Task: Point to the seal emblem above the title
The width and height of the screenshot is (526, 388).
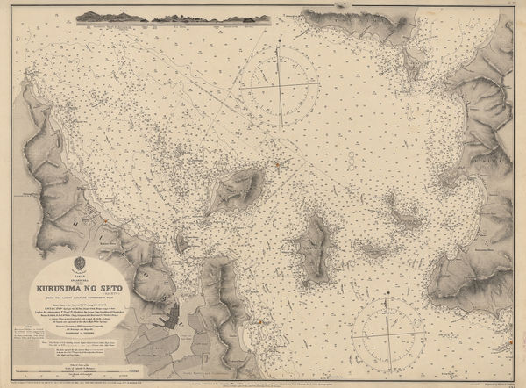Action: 82,262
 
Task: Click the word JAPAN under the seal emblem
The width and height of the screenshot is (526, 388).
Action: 82,274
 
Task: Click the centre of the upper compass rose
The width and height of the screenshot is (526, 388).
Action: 281,85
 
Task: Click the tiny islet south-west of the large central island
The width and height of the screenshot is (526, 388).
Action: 181,239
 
